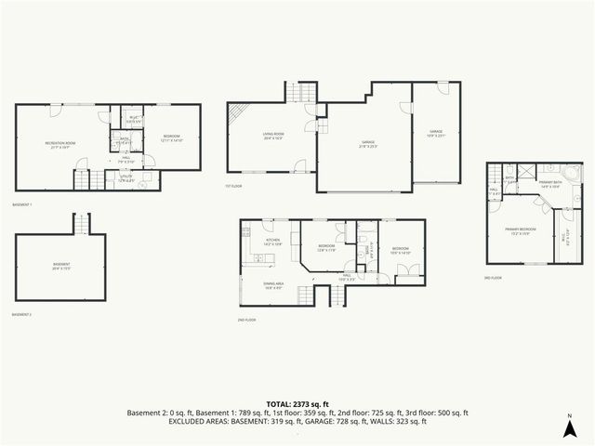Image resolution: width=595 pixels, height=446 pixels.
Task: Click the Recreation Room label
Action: pyautogui.click(x=60, y=143)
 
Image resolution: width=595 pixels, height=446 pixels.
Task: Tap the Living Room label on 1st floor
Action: pyautogui.click(x=272, y=136)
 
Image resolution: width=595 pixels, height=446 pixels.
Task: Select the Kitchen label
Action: pyautogui.click(x=273, y=242)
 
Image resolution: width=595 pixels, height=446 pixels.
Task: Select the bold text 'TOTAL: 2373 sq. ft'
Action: pyautogui.click(x=297, y=404)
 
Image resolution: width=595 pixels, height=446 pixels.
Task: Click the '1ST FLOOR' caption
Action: pyautogui.click(x=234, y=186)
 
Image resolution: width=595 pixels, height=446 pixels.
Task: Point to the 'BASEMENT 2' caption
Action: pyautogui.click(x=22, y=315)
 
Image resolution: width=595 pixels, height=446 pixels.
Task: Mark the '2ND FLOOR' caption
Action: pyautogui.click(x=246, y=320)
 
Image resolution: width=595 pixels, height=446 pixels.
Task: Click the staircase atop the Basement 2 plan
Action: pyautogui.click(x=81, y=223)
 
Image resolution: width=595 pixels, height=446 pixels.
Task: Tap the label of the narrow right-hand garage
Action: pyautogui.click(x=436, y=134)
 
